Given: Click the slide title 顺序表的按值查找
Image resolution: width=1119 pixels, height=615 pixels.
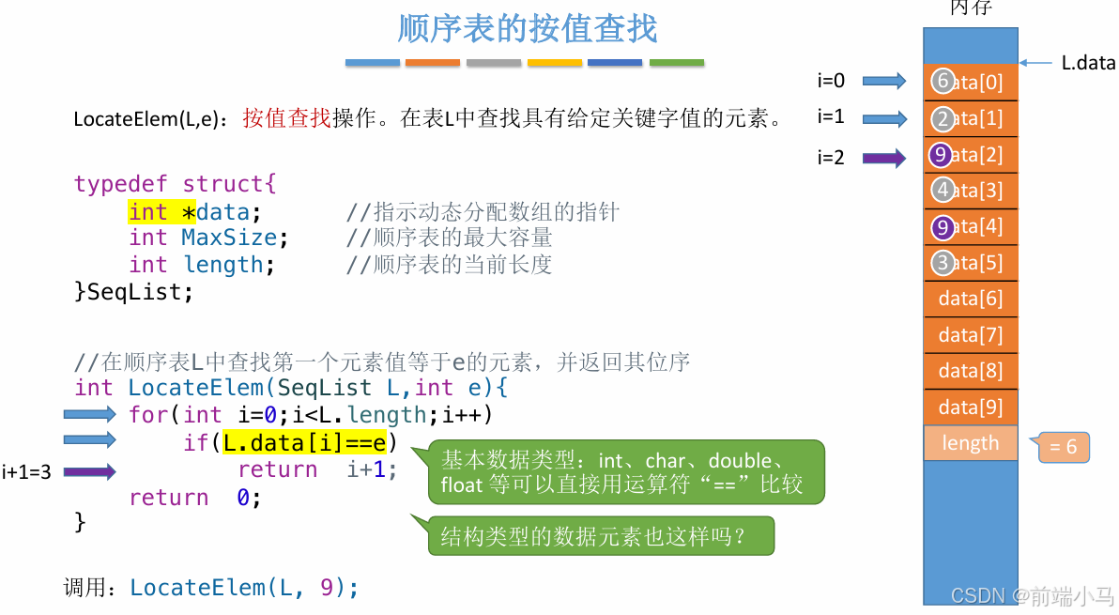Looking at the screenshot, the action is [x=527, y=29].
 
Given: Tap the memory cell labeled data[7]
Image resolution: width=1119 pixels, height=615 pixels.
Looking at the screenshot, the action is [x=971, y=335].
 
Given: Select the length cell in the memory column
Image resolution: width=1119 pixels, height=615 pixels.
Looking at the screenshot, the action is [x=971, y=443].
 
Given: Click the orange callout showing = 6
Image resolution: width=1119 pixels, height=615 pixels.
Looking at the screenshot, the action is [x=1064, y=448].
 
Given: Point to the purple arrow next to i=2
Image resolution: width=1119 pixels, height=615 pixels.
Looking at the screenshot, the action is [x=883, y=158].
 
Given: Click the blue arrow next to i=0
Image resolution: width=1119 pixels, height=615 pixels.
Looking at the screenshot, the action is [x=883, y=82].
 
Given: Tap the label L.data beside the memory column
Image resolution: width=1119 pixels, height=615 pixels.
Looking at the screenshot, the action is [x=1088, y=63].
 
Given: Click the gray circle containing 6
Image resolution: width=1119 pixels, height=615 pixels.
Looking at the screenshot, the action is [x=943, y=82].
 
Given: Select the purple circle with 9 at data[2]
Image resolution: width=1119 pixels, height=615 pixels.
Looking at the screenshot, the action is [x=941, y=154].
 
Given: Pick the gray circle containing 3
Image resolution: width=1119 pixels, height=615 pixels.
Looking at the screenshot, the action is [x=943, y=263].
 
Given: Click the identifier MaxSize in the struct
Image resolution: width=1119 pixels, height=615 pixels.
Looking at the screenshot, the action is [x=229, y=238].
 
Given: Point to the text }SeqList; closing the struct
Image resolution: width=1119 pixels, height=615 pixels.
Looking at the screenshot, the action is [x=133, y=292].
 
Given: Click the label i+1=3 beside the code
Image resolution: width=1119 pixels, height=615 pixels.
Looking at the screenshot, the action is [x=26, y=472].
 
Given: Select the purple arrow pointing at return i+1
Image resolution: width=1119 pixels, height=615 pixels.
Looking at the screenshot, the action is [x=89, y=472].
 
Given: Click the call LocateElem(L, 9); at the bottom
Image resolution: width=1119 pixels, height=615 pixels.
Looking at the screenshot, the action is [x=244, y=588].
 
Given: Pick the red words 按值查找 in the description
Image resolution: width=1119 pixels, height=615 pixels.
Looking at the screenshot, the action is [x=286, y=118].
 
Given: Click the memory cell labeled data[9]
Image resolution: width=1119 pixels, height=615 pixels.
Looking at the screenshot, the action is [x=971, y=407].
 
